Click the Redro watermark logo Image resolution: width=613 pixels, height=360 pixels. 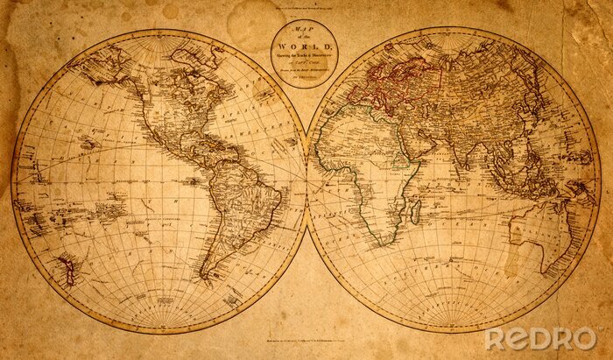[541, 338]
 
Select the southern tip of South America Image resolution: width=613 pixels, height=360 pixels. [208, 278]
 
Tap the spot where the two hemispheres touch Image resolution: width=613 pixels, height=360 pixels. [306, 180]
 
